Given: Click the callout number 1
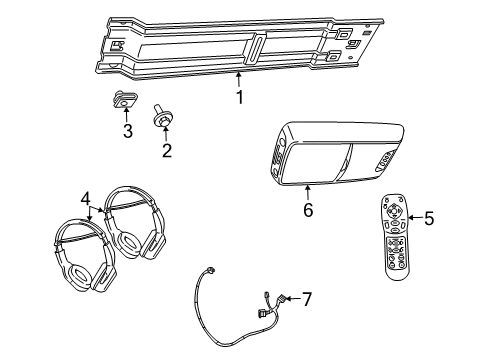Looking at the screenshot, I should (x=239, y=97).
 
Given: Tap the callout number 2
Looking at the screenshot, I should (x=167, y=151).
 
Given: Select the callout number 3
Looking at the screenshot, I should (x=127, y=131).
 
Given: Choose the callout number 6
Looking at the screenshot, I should (x=308, y=208).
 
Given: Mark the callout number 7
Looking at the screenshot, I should (x=307, y=297).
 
